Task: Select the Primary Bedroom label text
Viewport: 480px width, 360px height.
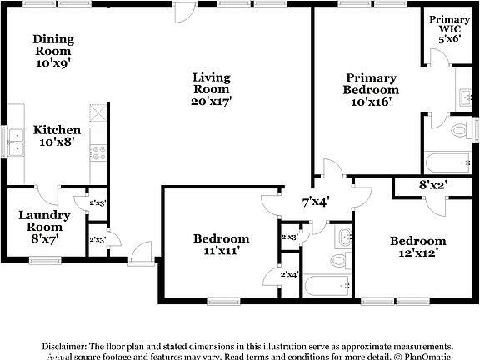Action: [x=372, y=90]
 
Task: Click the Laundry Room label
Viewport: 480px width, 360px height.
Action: [x=44, y=226]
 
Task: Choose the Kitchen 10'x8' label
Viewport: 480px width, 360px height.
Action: [x=57, y=136]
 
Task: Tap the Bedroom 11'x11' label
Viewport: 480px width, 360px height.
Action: [x=221, y=243]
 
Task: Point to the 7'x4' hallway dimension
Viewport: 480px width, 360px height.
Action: [x=316, y=201]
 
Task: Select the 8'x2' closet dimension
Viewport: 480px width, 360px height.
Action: [x=432, y=186]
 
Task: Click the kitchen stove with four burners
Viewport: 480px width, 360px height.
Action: [x=97, y=152]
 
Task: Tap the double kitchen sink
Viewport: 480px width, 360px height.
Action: [x=15, y=148]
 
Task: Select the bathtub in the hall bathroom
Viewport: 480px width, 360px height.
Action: [x=326, y=286]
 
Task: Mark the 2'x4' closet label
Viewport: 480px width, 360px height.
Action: [x=290, y=274]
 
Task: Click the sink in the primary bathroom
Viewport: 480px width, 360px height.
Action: [x=463, y=97]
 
